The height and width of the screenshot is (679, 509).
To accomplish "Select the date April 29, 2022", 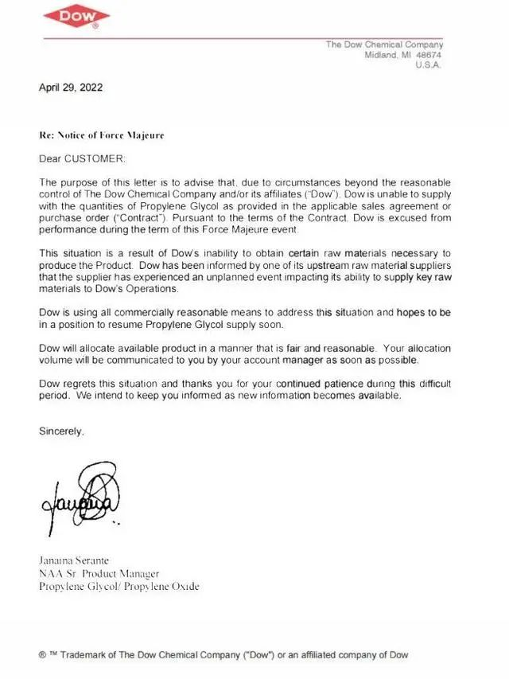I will click(71, 88).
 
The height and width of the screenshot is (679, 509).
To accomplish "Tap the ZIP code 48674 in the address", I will click(429, 55).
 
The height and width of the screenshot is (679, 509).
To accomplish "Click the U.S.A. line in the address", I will click(429, 65).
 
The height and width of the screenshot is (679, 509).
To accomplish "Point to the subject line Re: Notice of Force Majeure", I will click(102, 135).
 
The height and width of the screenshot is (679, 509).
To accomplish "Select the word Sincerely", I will click(61, 431).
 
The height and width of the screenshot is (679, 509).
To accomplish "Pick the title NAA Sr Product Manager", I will click(99, 573).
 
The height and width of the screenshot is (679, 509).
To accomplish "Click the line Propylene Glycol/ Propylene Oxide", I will click(119, 587).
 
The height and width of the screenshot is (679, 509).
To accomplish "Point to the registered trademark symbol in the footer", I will click(42, 655).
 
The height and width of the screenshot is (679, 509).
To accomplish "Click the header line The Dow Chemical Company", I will click(384, 45).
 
